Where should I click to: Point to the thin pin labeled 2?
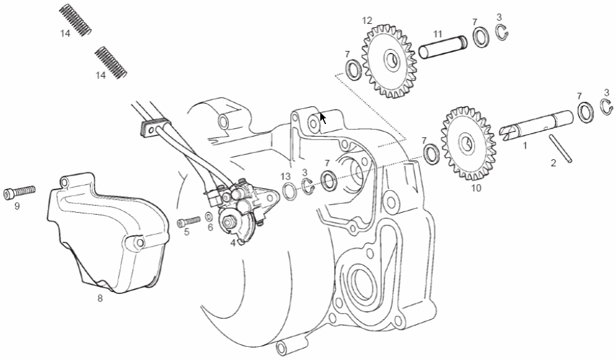pyautogui.click(x=561, y=148)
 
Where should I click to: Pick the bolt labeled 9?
pyautogui.click(x=20, y=193)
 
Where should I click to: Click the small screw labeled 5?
pyautogui.click(x=189, y=221)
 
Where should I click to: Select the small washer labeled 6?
pyautogui.click(x=209, y=217)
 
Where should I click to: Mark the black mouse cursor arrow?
pyautogui.click(x=323, y=118)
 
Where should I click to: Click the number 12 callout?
pyautogui.click(x=367, y=20)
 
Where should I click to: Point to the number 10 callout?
pyautogui.click(x=476, y=188)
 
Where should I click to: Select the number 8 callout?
pyautogui.click(x=100, y=298)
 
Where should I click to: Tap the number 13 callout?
pyautogui.click(x=285, y=176)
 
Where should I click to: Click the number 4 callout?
pyautogui.click(x=233, y=243)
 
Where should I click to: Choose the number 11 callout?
pyautogui.click(x=438, y=34)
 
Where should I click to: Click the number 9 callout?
pyautogui.click(x=17, y=206)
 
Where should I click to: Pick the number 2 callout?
pyautogui.click(x=553, y=163)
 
